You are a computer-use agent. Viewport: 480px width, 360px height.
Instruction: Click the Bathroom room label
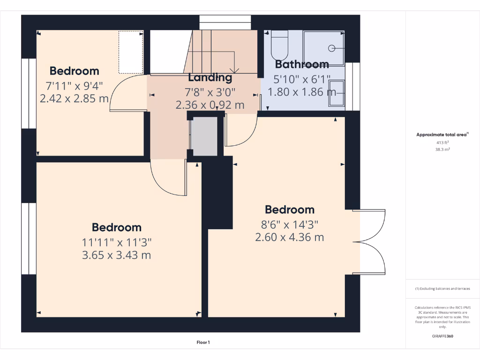(302, 64)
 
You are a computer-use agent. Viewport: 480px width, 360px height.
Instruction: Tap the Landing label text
(210, 77)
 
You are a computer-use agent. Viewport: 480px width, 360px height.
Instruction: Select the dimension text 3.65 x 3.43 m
(117, 255)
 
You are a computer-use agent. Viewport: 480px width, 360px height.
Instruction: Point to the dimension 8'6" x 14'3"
(289, 224)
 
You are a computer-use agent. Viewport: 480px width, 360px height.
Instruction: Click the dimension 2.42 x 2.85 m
(74, 99)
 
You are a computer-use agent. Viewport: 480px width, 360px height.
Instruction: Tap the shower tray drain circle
(332, 47)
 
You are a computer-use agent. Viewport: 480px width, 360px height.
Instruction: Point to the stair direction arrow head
(235, 70)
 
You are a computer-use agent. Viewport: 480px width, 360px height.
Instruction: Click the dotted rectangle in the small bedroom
(131, 52)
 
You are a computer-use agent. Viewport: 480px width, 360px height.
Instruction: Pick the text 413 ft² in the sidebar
(442, 142)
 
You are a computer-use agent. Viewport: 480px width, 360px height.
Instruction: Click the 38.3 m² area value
(442, 150)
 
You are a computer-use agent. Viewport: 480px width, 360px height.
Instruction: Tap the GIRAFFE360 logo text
(442, 336)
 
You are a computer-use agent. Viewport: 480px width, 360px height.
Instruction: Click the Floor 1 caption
(203, 343)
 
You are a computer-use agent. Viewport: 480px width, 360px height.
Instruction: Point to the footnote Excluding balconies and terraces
(442, 289)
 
